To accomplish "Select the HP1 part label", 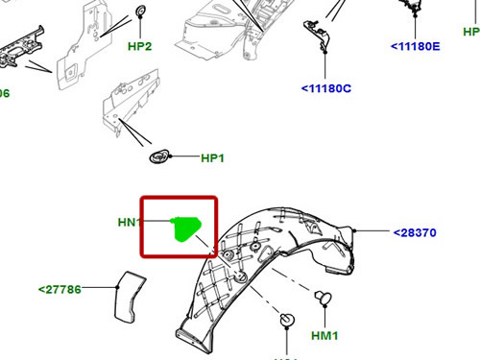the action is (x=211, y=158).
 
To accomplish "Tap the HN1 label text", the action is (x=130, y=223).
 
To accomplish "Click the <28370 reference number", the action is (x=415, y=232).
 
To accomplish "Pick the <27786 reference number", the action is (x=60, y=288).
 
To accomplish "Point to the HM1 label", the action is (x=325, y=336).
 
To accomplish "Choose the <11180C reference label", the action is (x=326, y=89).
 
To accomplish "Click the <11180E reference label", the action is (x=415, y=46).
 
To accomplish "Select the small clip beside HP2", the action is (x=140, y=12).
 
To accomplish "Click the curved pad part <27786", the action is (x=126, y=295).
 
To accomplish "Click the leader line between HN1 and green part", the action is (x=158, y=223).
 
